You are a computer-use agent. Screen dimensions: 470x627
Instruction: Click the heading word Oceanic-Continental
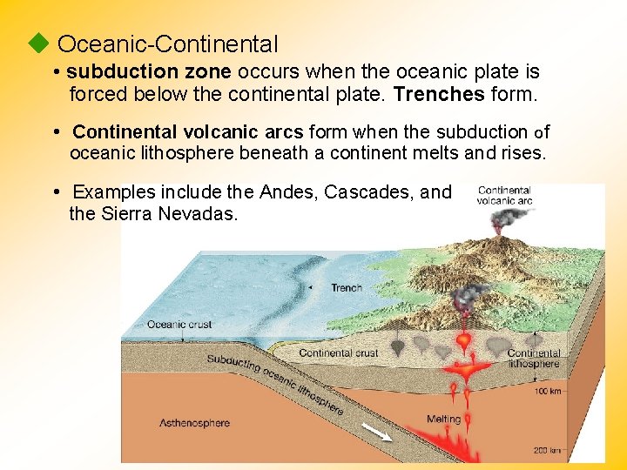(x=167, y=44)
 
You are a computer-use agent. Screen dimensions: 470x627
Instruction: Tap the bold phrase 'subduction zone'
(x=149, y=71)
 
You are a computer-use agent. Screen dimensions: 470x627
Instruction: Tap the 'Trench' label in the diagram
(x=347, y=288)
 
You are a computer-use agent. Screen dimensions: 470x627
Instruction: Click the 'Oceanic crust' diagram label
(x=179, y=325)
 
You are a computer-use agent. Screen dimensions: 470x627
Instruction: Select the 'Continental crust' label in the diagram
(x=339, y=352)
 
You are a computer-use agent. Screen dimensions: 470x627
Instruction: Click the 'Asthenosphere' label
(x=194, y=423)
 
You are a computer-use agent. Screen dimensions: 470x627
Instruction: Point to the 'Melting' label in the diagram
(x=443, y=419)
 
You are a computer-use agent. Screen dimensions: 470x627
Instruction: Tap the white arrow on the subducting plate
(x=376, y=432)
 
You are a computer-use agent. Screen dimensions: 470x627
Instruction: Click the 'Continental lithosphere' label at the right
(x=533, y=359)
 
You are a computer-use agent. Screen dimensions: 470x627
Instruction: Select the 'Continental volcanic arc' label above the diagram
(x=505, y=195)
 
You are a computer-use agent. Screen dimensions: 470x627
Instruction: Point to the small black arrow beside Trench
(x=312, y=288)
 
